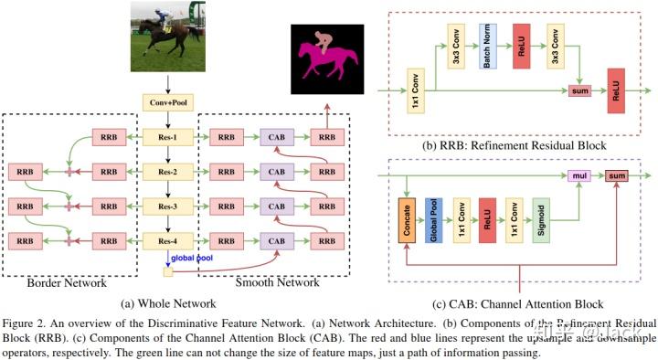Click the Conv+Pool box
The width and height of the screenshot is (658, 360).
[x=164, y=102]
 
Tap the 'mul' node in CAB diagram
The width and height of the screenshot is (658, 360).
[x=577, y=174]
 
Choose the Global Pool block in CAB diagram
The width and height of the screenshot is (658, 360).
[x=432, y=221]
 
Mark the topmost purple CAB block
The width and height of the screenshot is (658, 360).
[x=275, y=138]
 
